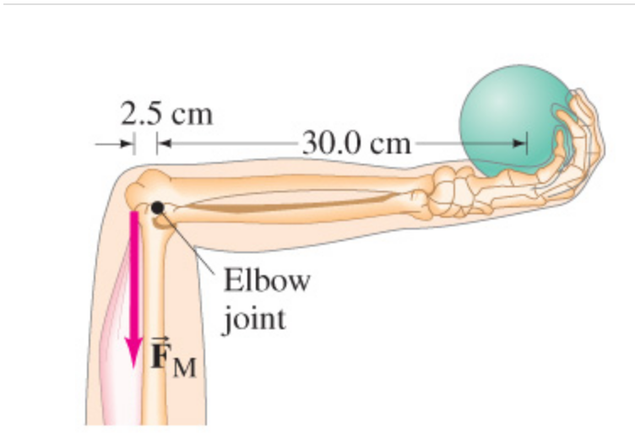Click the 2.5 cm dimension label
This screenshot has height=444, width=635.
click(166, 114)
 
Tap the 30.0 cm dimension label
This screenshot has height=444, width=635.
click(355, 143)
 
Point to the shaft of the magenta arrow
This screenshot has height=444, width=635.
click(133, 270)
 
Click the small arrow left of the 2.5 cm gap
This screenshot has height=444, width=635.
click(114, 144)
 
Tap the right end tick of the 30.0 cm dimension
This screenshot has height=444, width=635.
click(526, 143)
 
